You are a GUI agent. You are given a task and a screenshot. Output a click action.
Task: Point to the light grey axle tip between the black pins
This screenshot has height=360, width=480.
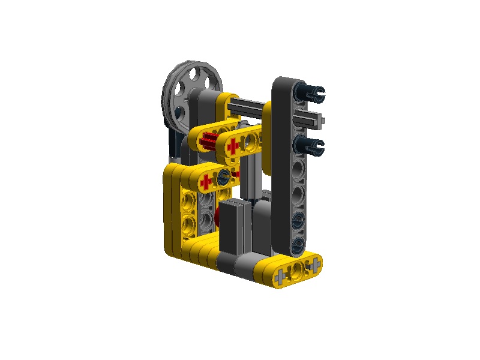pyautogui.click(x=323, y=120)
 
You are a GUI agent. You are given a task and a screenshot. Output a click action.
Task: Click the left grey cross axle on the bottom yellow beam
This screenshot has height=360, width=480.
pyautogui.click(x=281, y=277)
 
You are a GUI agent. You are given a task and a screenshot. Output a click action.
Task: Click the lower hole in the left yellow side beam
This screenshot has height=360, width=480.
pyautogui.click(x=187, y=225)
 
